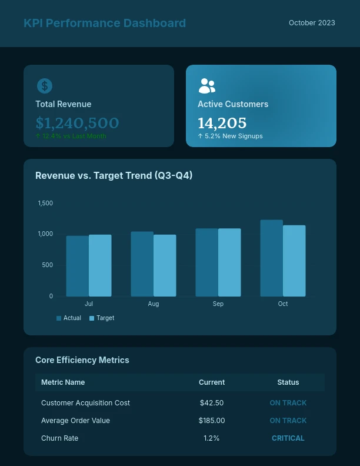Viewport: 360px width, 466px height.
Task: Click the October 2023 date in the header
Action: [x=312, y=23]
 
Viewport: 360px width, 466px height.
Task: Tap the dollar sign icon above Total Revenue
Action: [x=45, y=86]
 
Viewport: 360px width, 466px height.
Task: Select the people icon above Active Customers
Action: [x=206, y=86]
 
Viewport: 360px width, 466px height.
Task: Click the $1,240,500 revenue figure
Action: [x=77, y=123]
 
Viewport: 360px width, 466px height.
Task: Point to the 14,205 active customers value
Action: [x=222, y=123]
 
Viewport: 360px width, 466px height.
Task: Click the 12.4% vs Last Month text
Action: [x=71, y=136]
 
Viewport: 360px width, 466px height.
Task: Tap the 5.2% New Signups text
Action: [x=230, y=136]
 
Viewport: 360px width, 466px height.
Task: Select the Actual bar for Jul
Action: [x=77, y=266]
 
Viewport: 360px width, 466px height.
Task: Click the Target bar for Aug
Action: [x=165, y=265]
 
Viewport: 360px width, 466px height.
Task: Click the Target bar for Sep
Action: [x=229, y=262]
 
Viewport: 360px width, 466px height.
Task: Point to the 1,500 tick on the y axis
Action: [x=45, y=203]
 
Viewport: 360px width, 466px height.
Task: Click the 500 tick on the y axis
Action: [x=47, y=265]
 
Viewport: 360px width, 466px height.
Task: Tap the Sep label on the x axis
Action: [x=218, y=304]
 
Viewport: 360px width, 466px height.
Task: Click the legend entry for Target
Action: [x=102, y=318]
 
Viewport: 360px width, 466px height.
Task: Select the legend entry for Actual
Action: [x=69, y=318]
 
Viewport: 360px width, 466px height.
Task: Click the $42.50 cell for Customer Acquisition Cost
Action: [x=212, y=403]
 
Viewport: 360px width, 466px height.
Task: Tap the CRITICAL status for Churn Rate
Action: [x=288, y=438]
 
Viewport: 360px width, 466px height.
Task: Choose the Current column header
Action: [x=212, y=382]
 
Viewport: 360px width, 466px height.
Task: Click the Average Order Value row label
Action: [x=75, y=421]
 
